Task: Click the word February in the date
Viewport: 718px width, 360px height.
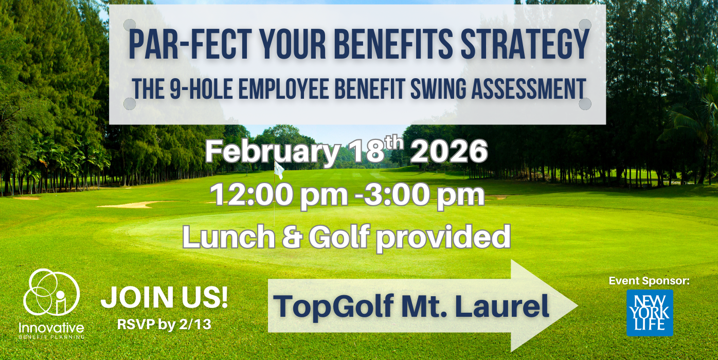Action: coord(272,152)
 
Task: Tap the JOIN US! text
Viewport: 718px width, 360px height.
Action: coord(164,298)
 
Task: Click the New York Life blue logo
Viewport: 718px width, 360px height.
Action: coord(649,313)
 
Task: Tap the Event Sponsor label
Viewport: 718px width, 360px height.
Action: coord(649,281)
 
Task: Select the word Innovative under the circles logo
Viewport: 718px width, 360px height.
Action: coord(51,327)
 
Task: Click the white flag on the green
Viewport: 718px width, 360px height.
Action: coord(278,169)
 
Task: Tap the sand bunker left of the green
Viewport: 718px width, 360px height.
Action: coord(129,205)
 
